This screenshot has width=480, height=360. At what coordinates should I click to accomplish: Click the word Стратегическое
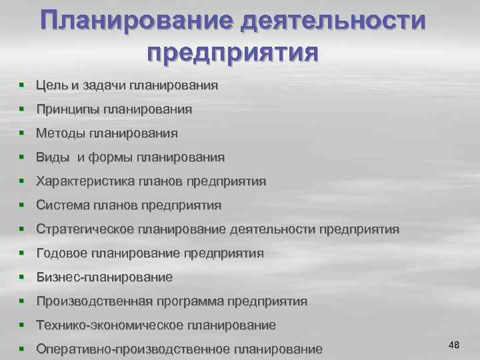click(85, 229)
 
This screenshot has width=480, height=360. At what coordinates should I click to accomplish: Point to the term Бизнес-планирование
click(104, 277)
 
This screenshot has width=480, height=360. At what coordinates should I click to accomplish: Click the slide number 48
click(455, 344)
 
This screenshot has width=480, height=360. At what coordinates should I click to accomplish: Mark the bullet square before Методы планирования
click(23, 133)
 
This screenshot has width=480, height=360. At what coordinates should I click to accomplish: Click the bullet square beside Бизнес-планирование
click(23, 277)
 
